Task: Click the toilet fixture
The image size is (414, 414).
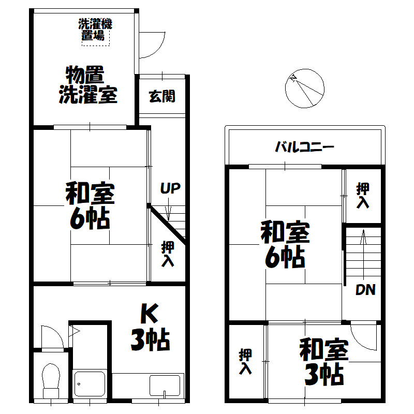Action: pos(51,381)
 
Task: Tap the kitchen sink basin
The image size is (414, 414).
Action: pos(165,386)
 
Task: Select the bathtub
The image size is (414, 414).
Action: pos(90,383)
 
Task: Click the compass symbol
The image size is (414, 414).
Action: pos(305,88)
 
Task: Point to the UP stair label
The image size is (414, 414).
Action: pos(170,188)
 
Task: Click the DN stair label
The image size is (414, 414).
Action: pos(365,290)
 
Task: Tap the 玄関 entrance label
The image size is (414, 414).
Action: pos(162,96)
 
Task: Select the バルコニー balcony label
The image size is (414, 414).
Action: pos(304,147)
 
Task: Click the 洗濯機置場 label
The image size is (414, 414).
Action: pos(95,29)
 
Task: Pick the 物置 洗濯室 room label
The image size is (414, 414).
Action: pos(88,85)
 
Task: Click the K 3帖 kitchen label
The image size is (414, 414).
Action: pos(150,327)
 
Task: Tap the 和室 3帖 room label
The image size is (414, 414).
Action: pos(324,362)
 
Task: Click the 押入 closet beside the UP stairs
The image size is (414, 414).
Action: pos(168,254)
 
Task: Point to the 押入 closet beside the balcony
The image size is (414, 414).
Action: pos(363,196)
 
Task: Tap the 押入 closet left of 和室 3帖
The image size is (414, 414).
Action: pos(245,361)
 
